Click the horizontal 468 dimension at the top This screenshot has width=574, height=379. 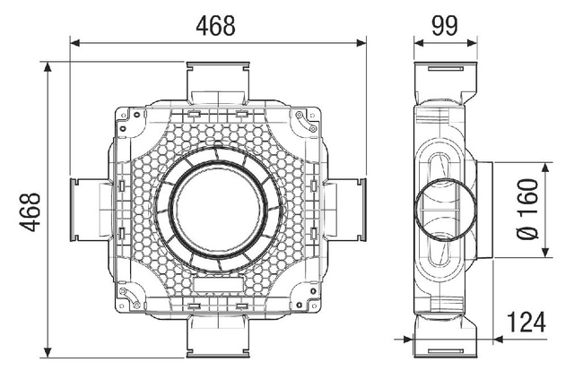(215, 26)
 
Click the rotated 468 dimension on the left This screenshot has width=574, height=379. (30, 211)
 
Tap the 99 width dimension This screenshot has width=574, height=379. (445, 26)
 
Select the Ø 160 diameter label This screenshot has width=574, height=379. (527, 209)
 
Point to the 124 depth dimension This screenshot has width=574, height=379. (526, 322)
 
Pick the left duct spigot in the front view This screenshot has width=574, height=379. (91, 210)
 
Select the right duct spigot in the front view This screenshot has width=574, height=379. (344, 210)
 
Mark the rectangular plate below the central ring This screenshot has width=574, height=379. (218, 284)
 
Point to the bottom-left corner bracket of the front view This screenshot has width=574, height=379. (130, 297)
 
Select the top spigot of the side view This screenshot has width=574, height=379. (446, 83)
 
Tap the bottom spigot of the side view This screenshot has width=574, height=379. (446, 336)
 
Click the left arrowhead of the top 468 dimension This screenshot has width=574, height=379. (75, 43)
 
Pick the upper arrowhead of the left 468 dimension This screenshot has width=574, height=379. (48, 67)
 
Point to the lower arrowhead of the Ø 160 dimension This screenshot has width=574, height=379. (545, 252)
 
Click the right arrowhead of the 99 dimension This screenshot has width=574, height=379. (473, 43)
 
